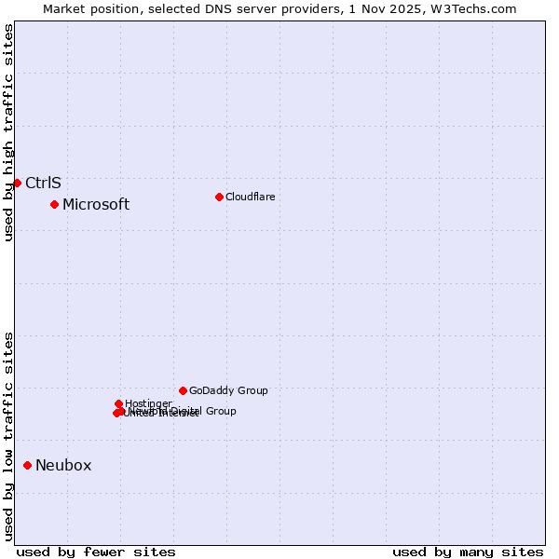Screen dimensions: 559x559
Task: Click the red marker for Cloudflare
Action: click(219, 197)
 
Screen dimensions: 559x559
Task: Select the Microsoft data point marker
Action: click(55, 204)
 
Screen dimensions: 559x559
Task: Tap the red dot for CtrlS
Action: click(17, 183)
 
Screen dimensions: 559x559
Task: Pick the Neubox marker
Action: click(28, 465)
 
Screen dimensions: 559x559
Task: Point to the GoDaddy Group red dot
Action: click(183, 390)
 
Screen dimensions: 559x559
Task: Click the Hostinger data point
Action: click(118, 403)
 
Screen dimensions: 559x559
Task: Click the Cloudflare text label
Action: click(250, 197)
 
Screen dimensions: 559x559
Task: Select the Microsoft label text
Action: click(96, 205)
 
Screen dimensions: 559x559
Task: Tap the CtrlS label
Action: click(43, 183)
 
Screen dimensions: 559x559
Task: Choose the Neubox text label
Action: click(63, 466)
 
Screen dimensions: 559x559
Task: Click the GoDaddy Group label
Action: click(228, 390)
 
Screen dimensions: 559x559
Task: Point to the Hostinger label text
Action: click(148, 403)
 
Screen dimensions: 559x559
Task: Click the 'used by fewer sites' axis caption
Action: click(96, 552)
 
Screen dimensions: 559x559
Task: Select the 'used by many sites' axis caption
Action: click(468, 552)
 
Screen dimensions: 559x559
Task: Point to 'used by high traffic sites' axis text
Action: click(8, 132)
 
